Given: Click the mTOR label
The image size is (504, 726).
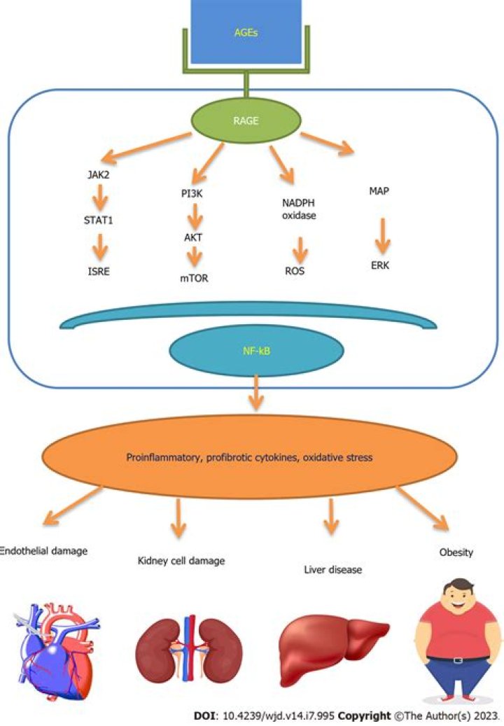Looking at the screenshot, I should (x=193, y=277).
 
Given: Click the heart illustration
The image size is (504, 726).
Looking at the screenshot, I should (x=49, y=651).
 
